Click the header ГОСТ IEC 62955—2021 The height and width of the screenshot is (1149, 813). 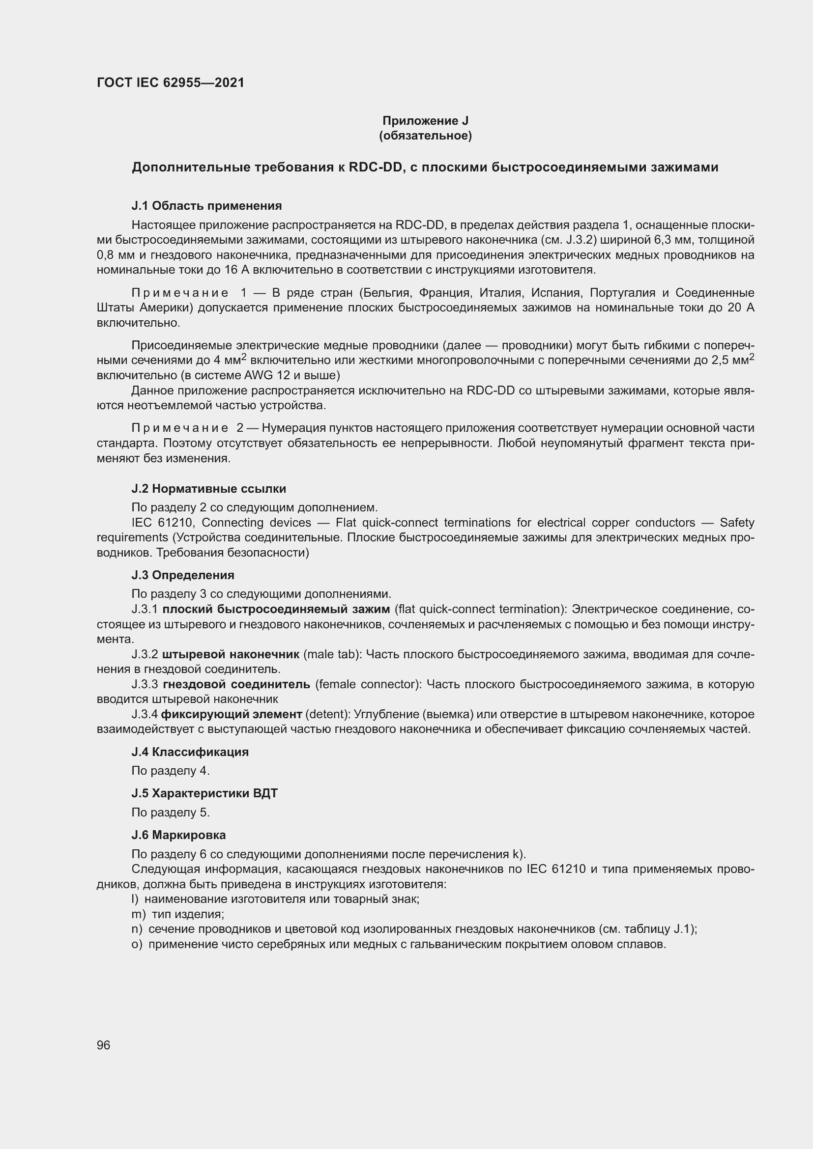[x=170, y=83]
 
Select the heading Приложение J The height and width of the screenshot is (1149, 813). [x=425, y=121]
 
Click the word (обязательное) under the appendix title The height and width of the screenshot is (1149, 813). [x=425, y=136]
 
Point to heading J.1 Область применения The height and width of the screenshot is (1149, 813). [x=206, y=206]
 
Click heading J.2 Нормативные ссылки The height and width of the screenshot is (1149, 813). [x=208, y=488]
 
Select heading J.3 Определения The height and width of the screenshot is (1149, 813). [x=183, y=575]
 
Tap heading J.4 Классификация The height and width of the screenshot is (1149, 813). [x=190, y=752]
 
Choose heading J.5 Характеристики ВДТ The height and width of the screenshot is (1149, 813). [x=204, y=793]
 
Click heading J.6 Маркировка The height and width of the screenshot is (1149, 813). [x=178, y=835]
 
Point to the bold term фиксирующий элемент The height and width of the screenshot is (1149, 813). [x=232, y=714]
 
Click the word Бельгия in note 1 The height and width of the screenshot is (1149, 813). [x=389, y=293]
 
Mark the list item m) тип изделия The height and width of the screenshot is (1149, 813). [x=178, y=914]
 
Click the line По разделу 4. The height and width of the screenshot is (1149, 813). [x=170, y=771]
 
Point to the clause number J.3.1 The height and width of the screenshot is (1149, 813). [x=145, y=609]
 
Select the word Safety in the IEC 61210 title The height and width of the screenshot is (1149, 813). [x=736, y=523]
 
